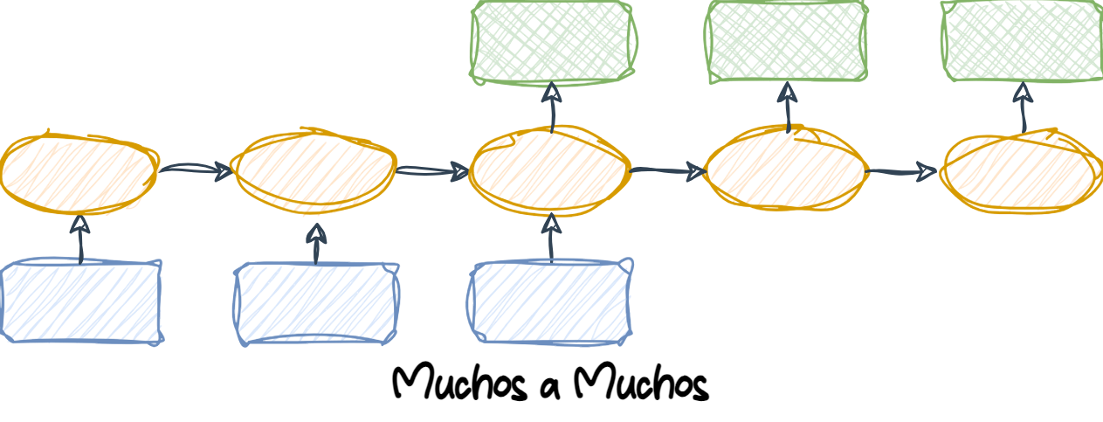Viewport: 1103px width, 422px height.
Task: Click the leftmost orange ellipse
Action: click(79, 172)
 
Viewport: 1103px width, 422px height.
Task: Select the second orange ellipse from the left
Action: click(313, 170)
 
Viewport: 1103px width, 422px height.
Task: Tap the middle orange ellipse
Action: click(549, 170)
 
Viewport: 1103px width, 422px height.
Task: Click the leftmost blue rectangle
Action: click(82, 301)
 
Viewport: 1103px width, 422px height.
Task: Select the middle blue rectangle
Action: click(317, 303)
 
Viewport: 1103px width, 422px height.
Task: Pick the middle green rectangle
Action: click(787, 41)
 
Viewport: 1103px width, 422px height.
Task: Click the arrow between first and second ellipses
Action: click(195, 169)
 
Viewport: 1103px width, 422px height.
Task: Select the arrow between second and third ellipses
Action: click(432, 171)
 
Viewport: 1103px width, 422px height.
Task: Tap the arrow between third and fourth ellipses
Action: click(668, 170)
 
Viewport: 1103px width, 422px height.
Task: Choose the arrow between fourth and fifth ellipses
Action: click(902, 172)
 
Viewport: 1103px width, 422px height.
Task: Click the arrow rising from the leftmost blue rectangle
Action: click(80, 239)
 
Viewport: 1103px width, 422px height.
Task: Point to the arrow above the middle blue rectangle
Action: click(316, 244)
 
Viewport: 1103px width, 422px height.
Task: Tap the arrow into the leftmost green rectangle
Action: click(552, 107)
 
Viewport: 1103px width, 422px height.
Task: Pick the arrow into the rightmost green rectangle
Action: click(1020, 109)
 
